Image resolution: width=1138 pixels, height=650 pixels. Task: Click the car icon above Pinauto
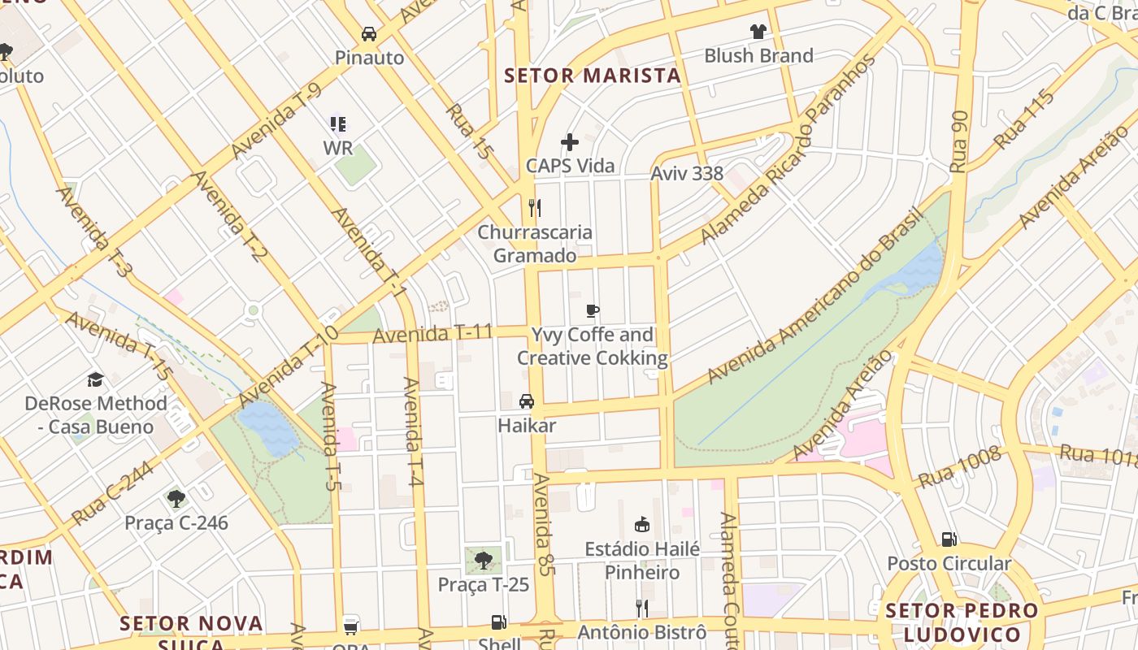click(369, 34)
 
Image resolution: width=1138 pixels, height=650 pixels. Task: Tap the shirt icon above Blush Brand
click(758, 32)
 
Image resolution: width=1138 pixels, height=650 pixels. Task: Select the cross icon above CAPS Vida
click(570, 142)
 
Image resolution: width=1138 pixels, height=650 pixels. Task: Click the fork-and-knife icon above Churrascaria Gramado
click(534, 208)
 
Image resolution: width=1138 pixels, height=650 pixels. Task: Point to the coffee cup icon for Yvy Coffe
click(593, 310)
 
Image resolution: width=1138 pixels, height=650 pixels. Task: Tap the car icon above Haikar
click(527, 401)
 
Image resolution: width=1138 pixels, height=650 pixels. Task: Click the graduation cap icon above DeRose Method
click(95, 379)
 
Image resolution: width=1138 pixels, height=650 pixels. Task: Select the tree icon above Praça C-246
click(176, 498)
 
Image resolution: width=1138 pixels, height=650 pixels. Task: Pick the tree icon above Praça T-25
click(484, 560)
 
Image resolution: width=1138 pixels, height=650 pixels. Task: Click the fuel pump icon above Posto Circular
click(949, 539)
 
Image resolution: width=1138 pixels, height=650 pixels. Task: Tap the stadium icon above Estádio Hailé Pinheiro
click(642, 524)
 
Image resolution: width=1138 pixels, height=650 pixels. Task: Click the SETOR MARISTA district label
click(592, 76)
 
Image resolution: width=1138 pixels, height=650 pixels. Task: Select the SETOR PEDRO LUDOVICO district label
click(962, 622)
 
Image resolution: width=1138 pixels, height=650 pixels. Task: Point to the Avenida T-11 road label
click(432, 333)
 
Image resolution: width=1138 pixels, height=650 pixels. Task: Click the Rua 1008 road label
click(960, 467)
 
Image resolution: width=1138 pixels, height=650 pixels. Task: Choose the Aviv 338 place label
click(687, 173)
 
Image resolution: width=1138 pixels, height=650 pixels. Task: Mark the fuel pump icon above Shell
click(498, 622)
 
